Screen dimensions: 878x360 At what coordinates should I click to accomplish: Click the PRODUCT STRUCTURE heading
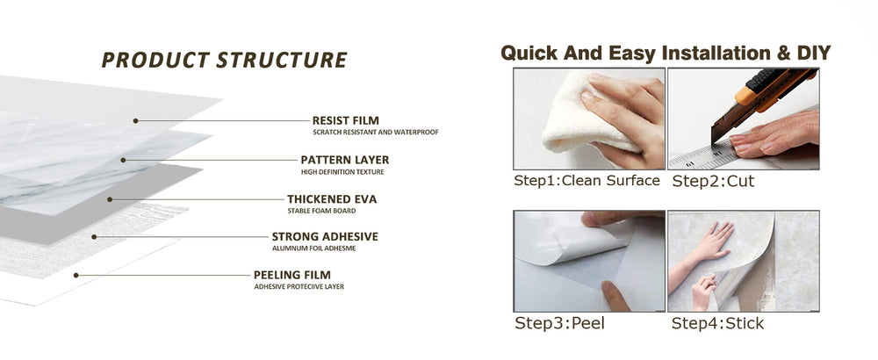(224, 60)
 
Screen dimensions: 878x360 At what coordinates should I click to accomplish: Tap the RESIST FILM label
(345, 120)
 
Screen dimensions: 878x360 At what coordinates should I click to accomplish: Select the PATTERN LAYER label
(344, 160)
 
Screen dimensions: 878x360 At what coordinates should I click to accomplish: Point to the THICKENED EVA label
(332, 199)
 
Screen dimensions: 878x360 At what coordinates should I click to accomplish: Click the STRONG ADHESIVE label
(325, 237)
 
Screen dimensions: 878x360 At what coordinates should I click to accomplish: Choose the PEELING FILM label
(291, 275)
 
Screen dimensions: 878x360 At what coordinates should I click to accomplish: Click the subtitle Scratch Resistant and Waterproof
(375, 133)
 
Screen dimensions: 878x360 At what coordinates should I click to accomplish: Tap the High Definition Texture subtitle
(342, 172)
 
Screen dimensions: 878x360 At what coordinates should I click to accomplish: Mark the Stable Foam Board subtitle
(321, 211)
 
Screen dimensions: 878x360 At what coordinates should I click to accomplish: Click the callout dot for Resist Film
(135, 120)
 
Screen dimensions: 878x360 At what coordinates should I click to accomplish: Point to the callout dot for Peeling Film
(76, 275)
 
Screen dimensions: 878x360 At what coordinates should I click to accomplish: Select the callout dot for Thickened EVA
(110, 199)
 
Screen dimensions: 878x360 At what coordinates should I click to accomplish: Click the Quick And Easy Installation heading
(666, 54)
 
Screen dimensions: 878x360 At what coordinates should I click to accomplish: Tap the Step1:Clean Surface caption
(587, 181)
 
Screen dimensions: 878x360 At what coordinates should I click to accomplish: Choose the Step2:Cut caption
(713, 181)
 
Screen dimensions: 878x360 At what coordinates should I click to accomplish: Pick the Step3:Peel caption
(559, 324)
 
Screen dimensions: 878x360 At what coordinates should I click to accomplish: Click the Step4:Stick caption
(717, 324)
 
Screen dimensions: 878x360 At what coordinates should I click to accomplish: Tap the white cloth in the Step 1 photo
(582, 115)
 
